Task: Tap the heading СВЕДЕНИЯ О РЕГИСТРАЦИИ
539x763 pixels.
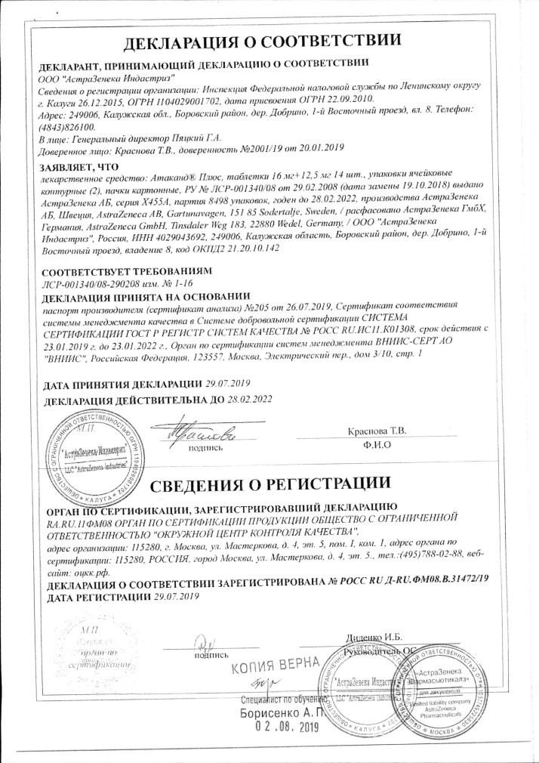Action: click(269, 482)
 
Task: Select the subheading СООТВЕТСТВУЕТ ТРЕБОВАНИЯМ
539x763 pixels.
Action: click(115, 270)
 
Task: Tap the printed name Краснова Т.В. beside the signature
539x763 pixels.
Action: click(376, 431)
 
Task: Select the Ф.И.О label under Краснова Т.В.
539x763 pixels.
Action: click(375, 445)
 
